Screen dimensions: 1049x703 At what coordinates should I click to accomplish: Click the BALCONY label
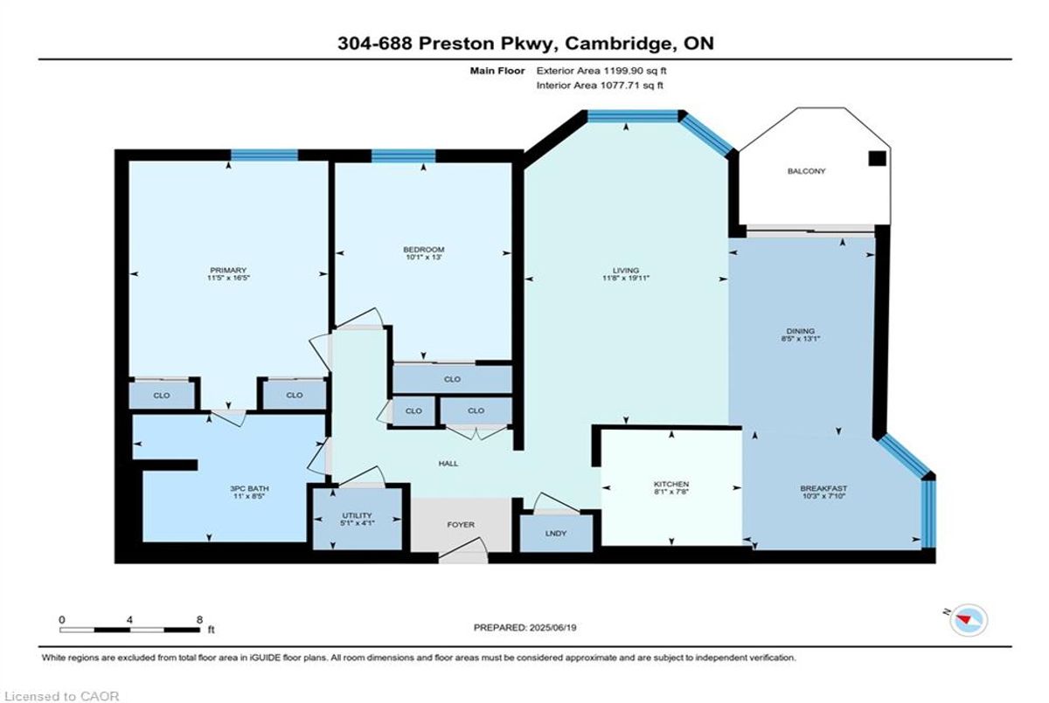(x=806, y=171)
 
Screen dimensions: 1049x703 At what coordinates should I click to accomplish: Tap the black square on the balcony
(x=877, y=159)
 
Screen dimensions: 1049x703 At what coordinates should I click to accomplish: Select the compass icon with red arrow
(x=969, y=620)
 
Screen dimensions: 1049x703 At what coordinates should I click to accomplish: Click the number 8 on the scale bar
(x=199, y=620)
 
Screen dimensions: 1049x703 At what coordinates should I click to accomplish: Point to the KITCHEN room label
(x=671, y=484)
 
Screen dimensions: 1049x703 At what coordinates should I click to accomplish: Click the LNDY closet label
(x=556, y=534)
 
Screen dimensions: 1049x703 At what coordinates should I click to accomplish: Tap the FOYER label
(x=461, y=525)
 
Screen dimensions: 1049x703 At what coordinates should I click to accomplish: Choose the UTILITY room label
(x=357, y=515)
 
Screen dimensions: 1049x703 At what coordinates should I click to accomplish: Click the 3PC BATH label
(x=250, y=488)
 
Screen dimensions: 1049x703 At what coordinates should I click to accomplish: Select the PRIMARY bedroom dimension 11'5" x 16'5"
(x=228, y=278)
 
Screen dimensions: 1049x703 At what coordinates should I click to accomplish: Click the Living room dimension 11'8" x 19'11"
(x=626, y=278)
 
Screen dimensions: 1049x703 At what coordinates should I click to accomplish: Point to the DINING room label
(x=801, y=331)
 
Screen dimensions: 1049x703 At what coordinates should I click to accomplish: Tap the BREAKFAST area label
(x=823, y=488)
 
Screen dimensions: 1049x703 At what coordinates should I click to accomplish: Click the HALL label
(x=448, y=464)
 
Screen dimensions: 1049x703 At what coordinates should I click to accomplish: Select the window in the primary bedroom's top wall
(x=265, y=155)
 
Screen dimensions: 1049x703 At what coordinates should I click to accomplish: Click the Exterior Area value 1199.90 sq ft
(x=635, y=71)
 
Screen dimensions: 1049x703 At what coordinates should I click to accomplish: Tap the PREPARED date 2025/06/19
(x=552, y=628)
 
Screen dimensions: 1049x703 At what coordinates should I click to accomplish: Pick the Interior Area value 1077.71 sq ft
(x=632, y=85)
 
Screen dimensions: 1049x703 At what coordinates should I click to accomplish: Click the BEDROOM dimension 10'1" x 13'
(x=424, y=258)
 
